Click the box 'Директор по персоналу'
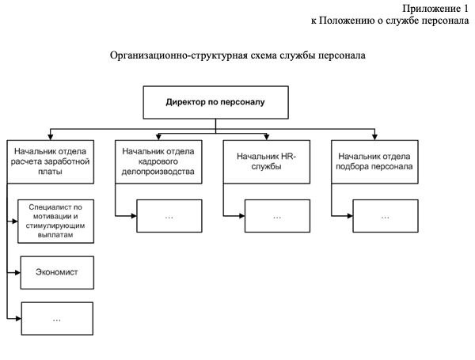[x=214, y=103]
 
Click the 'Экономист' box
[x=57, y=271]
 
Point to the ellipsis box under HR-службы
[x=276, y=215]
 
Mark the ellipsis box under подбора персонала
[x=385, y=215]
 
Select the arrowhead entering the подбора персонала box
[x=375, y=136]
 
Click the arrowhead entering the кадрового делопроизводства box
[x=158, y=136]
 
